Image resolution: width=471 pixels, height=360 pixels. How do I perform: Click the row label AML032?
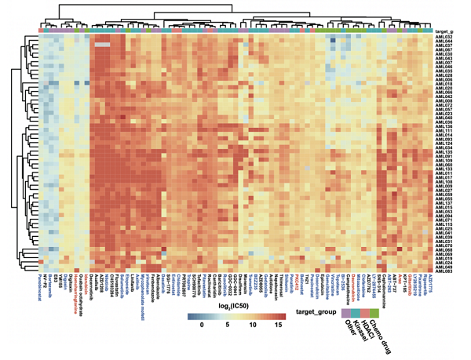pos(444,37)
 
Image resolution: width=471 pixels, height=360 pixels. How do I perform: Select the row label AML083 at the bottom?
pos(444,270)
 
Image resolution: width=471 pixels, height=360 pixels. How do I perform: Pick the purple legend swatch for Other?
pos(347,312)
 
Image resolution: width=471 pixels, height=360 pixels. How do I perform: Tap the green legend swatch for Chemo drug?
pos(374,312)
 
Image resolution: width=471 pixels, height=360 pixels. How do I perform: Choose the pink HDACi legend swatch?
pos(365,312)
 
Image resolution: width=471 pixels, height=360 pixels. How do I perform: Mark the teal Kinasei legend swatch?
pos(356,312)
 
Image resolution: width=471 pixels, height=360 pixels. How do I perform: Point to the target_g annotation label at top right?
pos(444,30)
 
